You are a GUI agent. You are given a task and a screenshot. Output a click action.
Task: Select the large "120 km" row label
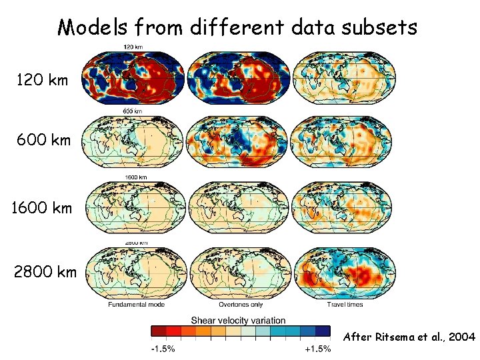[x=42, y=81]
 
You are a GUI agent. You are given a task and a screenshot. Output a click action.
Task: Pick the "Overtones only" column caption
[x=239, y=305]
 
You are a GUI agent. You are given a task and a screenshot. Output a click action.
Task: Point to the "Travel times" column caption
[x=345, y=305]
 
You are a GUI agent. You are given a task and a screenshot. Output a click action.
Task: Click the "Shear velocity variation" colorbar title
[x=239, y=320]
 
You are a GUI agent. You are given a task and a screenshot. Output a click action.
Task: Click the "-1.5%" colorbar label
[x=162, y=349]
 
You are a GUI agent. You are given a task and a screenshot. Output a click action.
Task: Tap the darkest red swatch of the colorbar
[x=157, y=331]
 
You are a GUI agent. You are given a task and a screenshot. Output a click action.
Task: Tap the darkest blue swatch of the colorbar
[x=323, y=331]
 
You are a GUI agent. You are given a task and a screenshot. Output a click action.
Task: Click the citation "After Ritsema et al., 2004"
[x=409, y=337]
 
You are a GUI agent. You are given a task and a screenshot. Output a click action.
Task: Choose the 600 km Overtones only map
[x=239, y=142]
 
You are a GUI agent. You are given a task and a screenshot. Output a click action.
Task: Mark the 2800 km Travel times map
[x=343, y=272]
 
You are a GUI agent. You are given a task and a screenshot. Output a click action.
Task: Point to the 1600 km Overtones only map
[x=239, y=207]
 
